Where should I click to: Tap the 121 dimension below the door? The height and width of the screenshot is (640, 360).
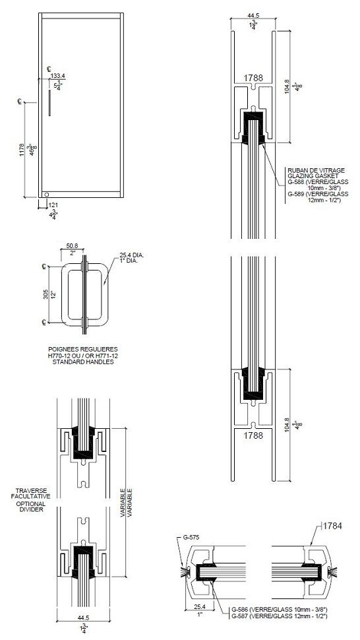coord(54,206)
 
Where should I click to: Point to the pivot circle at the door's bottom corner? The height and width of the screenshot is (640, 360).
coord(45,194)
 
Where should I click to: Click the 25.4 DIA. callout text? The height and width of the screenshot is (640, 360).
coord(131,253)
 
